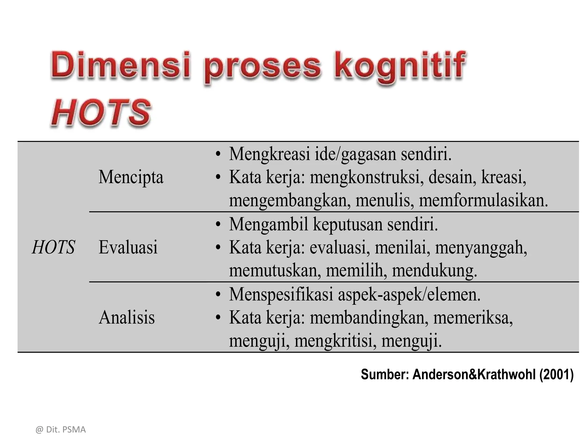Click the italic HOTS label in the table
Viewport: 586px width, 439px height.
click(x=54, y=247)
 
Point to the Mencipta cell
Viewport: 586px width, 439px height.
click(x=131, y=177)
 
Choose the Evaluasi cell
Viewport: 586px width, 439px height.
click(x=128, y=247)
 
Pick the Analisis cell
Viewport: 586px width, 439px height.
click(x=126, y=317)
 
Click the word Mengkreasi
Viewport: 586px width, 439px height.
click(x=270, y=154)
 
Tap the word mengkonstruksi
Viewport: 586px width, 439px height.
click(x=367, y=177)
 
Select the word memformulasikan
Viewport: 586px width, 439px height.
click(x=483, y=200)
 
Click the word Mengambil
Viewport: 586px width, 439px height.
click(x=269, y=224)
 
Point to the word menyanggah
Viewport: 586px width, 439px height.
click(x=481, y=248)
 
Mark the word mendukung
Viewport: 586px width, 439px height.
click(x=434, y=270)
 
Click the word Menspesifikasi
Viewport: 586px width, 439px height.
click(x=281, y=294)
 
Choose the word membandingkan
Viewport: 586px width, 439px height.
click(x=369, y=318)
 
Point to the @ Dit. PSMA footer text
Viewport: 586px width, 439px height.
click(x=61, y=430)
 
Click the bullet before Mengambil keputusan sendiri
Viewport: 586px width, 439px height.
click(x=218, y=225)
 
